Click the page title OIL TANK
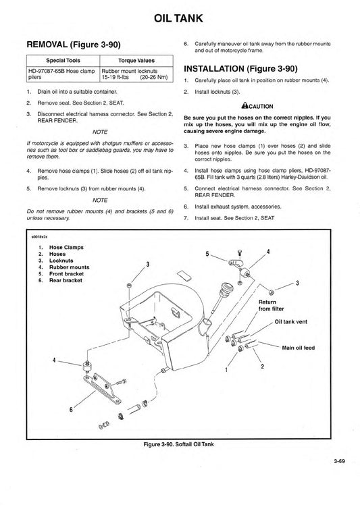[x=178, y=18]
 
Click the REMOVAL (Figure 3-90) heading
[x=74, y=45]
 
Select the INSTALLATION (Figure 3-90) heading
[x=240, y=69]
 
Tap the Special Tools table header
[x=63, y=60]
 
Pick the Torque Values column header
[x=136, y=60]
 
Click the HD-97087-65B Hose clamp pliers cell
[x=61, y=74]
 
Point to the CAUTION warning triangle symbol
[x=245, y=105]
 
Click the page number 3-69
[x=339, y=461]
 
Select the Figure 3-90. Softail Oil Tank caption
[x=179, y=444]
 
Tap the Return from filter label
[x=271, y=305]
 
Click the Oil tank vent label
[x=291, y=322]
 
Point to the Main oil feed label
[x=299, y=348]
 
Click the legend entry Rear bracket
[x=66, y=280]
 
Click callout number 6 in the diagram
[x=71, y=409]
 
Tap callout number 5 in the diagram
[x=207, y=254]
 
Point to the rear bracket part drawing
[x=102, y=389]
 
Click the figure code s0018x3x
[x=39, y=237]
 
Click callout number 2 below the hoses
[x=263, y=367]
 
